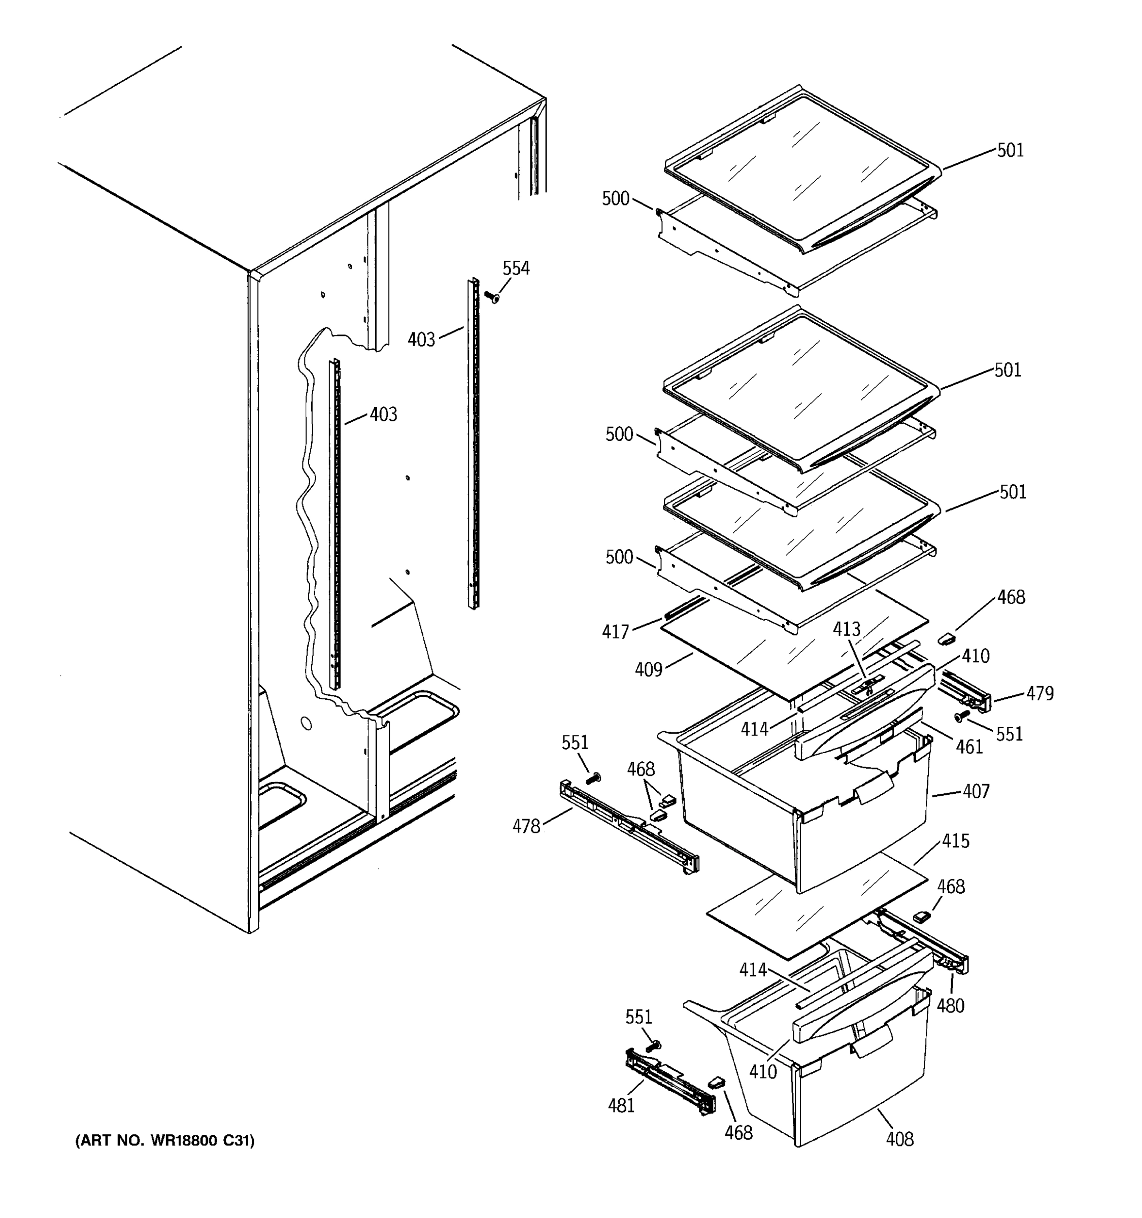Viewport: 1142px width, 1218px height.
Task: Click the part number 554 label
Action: [x=516, y=268]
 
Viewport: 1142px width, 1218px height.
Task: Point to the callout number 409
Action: [x=648, y=670]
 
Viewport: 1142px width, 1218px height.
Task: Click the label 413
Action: [x=846, y=629]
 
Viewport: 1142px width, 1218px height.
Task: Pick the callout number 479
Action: [x=1039, y=694]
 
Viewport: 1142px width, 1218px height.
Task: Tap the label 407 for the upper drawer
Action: [x=976, y=792]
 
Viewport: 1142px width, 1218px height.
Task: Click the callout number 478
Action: [x=526, y=827]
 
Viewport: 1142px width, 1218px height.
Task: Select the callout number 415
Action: [x=955, y=841]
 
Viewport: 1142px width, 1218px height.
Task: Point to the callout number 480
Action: [x=950, y=1005]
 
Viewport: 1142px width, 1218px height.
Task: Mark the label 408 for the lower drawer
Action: [x=899, y=1139]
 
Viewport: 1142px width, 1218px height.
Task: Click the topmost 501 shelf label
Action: [x=1010, y=150]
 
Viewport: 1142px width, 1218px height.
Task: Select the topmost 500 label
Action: [x=616, y=198]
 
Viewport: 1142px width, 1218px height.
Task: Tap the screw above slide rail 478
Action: [x=592, y=779]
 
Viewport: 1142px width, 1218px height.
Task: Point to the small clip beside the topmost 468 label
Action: [x=947, y=639]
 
